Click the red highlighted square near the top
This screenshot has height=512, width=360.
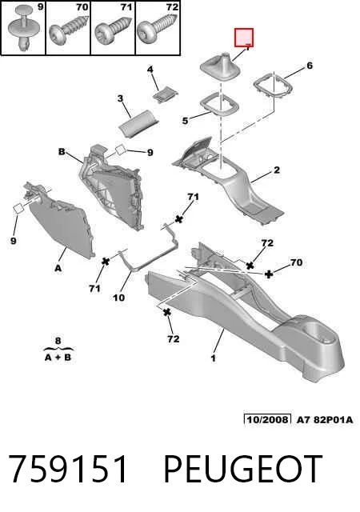[244, 38]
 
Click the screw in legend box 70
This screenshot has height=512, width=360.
[68, 30]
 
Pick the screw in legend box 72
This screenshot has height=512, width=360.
[158, 30]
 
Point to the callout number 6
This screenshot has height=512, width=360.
[310, 66]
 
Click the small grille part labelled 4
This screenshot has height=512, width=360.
[166, 94]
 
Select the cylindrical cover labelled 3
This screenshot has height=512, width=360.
[138, 126]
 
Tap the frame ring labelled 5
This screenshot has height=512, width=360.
[219, 104]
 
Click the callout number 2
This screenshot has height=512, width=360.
[277, 170]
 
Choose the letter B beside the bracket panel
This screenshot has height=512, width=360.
[62, 151]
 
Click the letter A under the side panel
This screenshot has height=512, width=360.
[58, 269]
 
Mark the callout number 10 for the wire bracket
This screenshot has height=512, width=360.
[119, 298]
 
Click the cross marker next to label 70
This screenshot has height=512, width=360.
[269, 274]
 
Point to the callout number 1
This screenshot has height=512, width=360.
[213, 358]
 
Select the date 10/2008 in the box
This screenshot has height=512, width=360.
[267, 419]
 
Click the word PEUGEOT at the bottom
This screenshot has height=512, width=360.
[242, 470]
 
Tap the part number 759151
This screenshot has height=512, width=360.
[68, 470]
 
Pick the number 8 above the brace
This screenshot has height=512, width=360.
[58, 341]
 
